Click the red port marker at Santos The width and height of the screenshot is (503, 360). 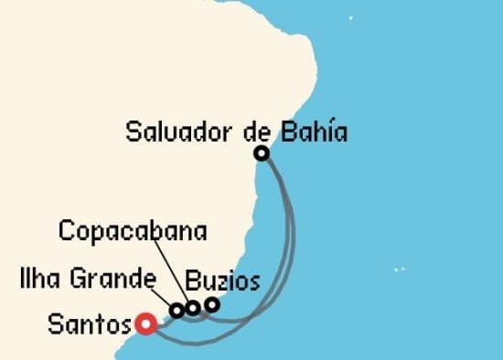coord(144,323)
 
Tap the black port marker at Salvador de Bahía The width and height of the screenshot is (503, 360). coord(262,154)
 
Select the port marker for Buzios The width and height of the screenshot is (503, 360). coord(212,304)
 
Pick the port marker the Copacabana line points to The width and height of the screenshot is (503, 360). coord(193,308)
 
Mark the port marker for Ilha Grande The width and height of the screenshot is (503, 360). coord(177,311)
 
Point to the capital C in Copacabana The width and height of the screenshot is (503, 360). coord(66,230)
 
